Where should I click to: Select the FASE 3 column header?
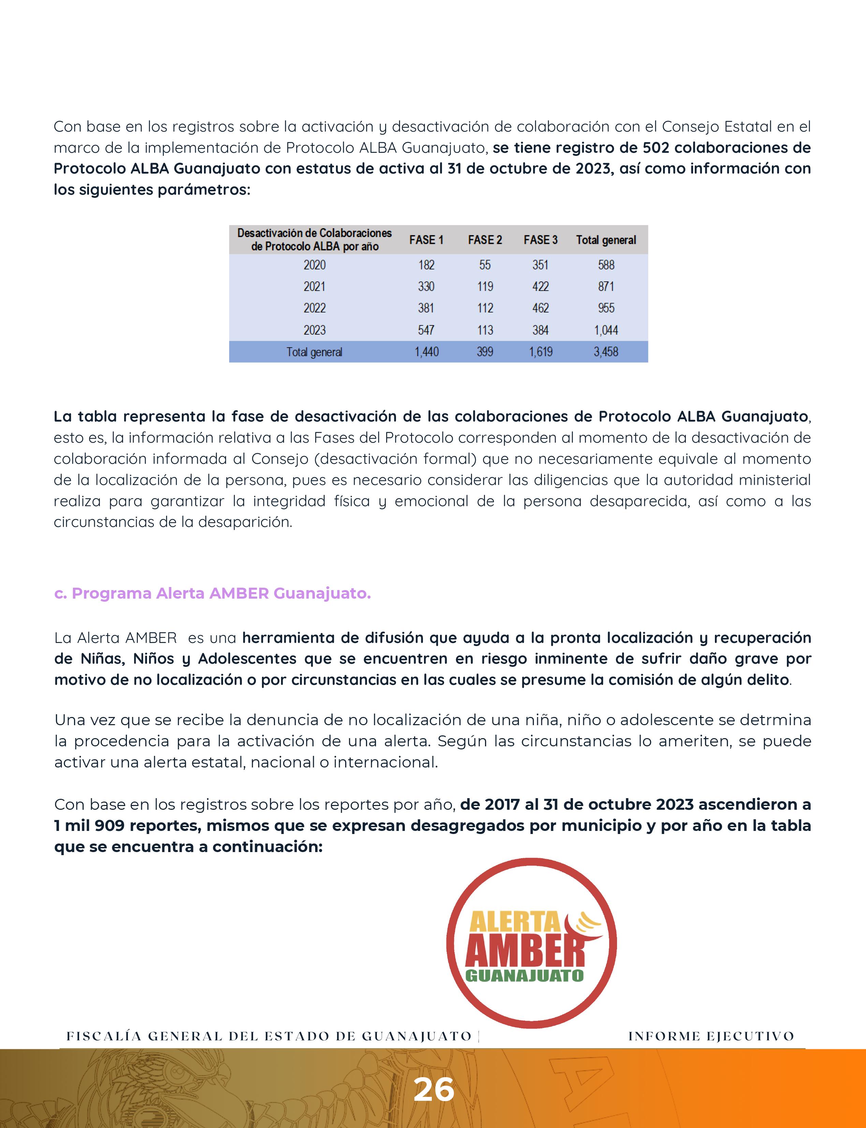tap(540, 240)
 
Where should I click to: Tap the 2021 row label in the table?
tap(314, 287)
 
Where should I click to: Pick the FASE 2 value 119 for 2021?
tap(485, 287)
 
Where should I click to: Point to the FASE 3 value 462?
tap(540, 308)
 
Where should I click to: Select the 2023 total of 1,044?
tap(606, 330)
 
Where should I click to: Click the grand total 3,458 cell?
tap(606, 352)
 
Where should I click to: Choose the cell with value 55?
tap(485, 265)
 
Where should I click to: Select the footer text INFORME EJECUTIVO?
tap(711, 1036)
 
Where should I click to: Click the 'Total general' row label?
tap(314, 352)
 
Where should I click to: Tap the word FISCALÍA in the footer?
tap(104, 1036)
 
